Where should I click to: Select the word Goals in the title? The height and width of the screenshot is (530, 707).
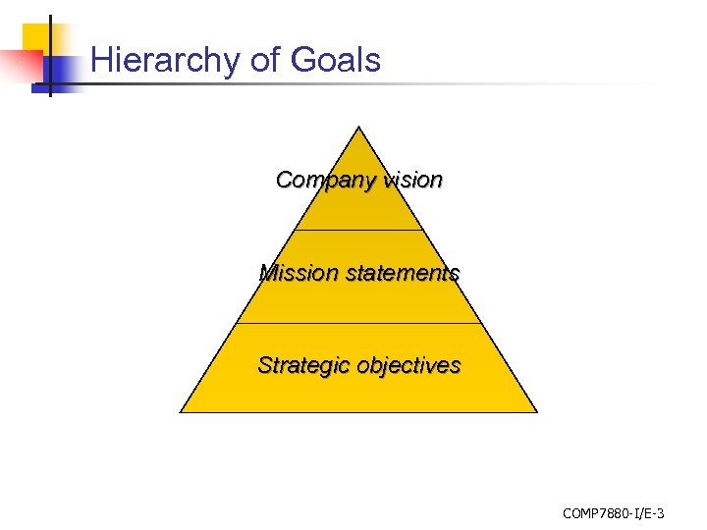pyautogui.click(x=336, y=61)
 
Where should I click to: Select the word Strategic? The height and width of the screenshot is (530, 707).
pyautogui.click(x=302, y=365)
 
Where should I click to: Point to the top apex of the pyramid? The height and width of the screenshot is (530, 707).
pyautogui.click(x=359, y=127)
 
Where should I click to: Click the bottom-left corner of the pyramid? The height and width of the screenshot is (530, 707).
pyautogui.click(x=182, y=412)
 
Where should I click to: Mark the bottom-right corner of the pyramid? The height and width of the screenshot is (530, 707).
pyautogui.click(x=537, y=412)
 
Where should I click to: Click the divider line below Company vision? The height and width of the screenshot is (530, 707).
pyautogui.click(x=359, y=231)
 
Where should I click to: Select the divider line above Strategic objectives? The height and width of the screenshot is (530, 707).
pyautogui.click(x=359, y=323)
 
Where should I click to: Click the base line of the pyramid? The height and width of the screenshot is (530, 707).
pyautogui.click(x=359, y=412)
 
